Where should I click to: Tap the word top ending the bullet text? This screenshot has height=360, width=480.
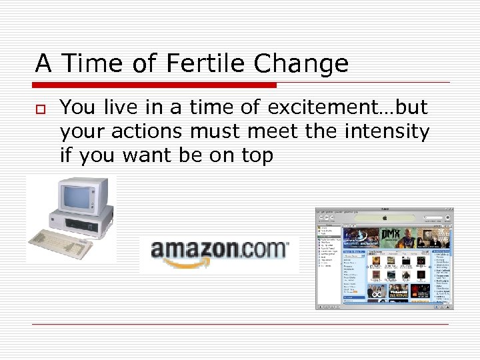pos(255,156)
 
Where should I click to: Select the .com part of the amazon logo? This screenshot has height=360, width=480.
pos(263,250)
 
